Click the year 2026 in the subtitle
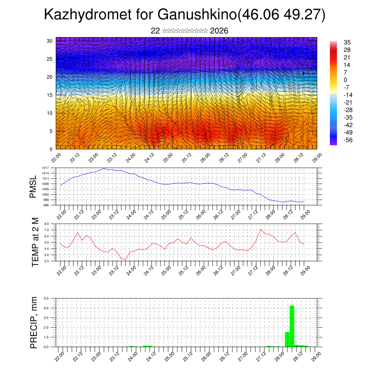(x=219, y=31)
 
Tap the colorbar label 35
(x=347, y=43)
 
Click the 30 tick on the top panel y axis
(x=49, y=41)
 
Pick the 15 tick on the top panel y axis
(x=49, y=95)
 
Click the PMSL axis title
(x=34, y=186)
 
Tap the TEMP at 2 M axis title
(x=35, y=243)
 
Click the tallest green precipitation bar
(x=292, y=326)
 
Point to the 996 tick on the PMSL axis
(x=46, y=205)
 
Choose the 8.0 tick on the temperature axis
(x=47, y=224)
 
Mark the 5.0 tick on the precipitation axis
(x=47, y=299)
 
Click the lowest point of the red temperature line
(x=126, y=259)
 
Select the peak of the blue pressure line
(x=104, y=168)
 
